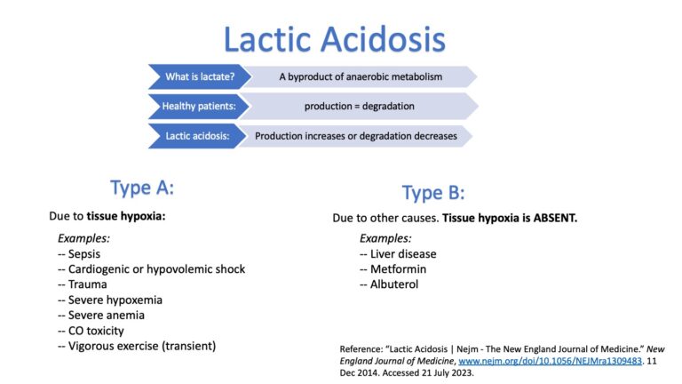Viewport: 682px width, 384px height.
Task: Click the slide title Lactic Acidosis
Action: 334,40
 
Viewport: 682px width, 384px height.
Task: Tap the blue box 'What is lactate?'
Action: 199,76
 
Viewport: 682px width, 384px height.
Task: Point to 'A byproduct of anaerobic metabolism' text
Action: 360,76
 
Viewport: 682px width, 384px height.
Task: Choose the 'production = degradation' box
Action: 359,107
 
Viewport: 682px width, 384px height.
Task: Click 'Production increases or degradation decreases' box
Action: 355,136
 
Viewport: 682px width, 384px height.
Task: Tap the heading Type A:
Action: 142,188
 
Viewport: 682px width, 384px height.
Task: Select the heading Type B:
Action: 433,193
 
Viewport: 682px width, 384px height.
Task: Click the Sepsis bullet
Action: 82,253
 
